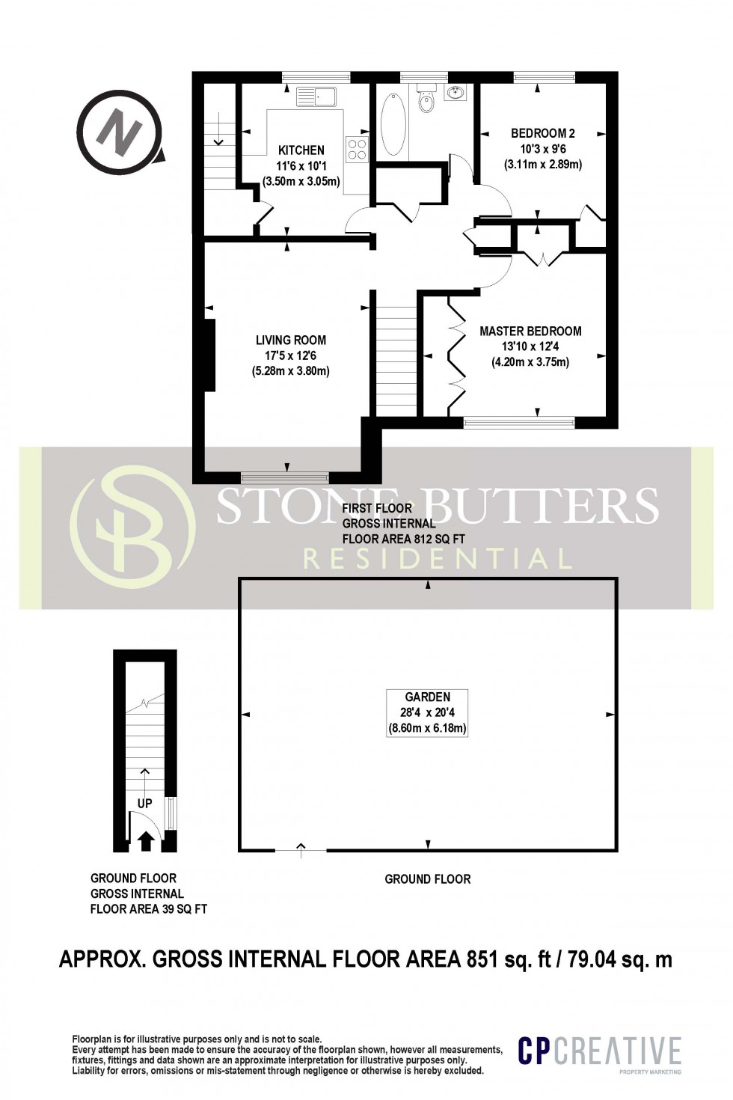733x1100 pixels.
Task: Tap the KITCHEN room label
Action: coord(301,150)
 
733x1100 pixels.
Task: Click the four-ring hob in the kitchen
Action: coord(357,149)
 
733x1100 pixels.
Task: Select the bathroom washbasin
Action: coord(456,92)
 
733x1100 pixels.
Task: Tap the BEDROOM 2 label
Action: coord(542,133)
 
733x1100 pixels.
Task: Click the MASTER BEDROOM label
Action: coord(530,331)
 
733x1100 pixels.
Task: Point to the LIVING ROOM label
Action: coord(290,340)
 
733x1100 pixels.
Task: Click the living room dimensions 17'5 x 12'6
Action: coord(290,355)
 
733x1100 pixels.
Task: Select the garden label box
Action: coord(427,712)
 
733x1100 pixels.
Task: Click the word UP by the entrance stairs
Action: coord(144,803)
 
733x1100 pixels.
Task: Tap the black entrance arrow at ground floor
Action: coord(147,840)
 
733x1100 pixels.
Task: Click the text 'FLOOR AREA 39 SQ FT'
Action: coord(148,909)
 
